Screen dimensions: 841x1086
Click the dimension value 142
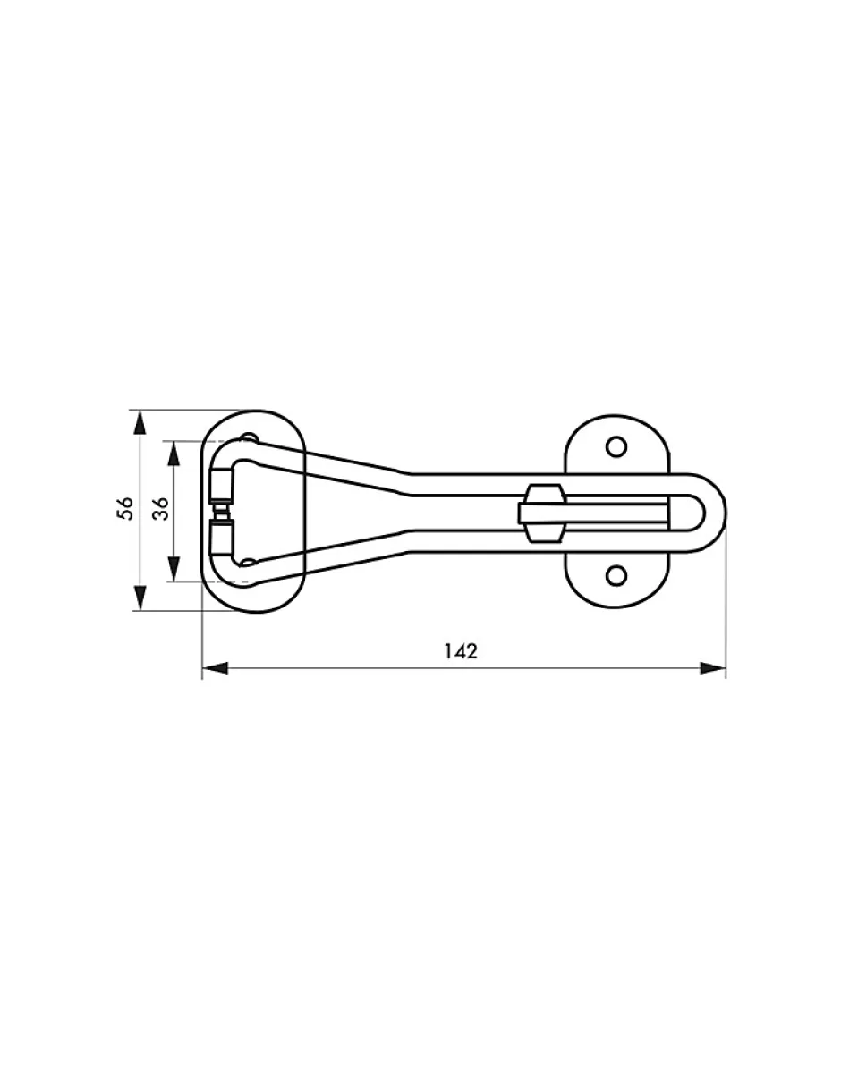tap(461, 651)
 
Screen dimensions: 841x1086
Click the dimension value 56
tap(125, 509)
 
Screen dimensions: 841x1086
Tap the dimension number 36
tap(160, 509)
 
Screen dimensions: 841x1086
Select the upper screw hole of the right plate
tap(616, 446)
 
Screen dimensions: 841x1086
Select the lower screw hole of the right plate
tap(616, 576)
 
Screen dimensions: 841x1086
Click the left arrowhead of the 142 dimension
tap(215, 668)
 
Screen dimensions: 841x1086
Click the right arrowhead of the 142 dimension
tap(712, 668)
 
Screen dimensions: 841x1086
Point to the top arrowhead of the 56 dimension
tap(140, 423)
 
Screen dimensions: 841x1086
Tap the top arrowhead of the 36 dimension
tap(174, 454)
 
